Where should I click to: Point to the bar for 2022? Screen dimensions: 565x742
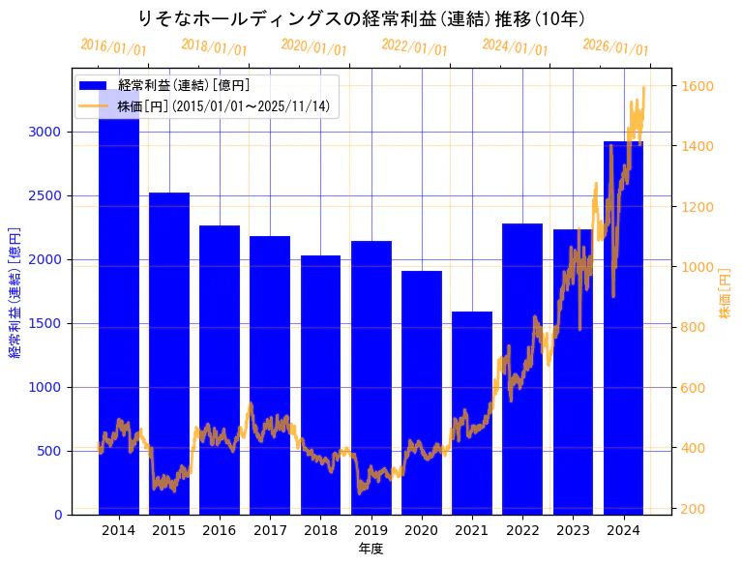(x=522, y=369)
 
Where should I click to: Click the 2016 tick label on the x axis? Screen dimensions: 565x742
(x=220, y=530)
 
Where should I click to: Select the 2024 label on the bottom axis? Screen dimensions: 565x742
(x=624, y=530)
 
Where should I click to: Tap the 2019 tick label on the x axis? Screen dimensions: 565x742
(x=371, y=530)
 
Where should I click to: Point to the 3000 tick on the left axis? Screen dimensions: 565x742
(x=45, y=132)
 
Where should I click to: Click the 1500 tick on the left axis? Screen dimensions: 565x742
(x=45, y=323)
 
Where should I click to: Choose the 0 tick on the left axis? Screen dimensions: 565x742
(x=58, y=515)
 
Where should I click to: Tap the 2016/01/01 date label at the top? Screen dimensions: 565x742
(x=114, y=46)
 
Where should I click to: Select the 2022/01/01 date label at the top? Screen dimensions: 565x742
(x=415, y=46)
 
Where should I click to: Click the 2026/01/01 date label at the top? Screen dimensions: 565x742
(x=616, y=46)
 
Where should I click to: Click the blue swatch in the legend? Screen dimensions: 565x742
(x=97, y=85)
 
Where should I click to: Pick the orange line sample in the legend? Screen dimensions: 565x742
(x=97, y=105)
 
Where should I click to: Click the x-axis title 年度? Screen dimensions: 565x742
(x=371, y=549)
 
